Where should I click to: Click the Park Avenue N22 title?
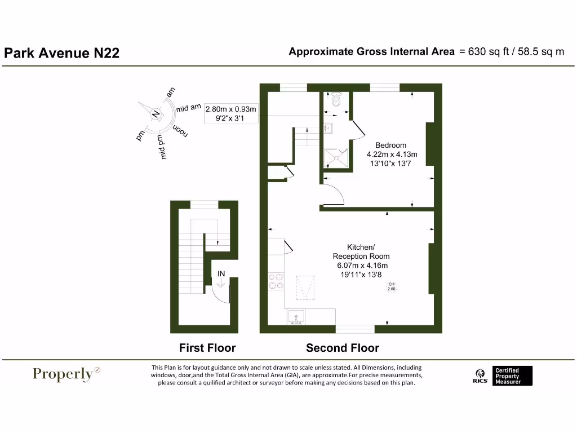click(62, 53)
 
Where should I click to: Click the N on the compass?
click(156, 113)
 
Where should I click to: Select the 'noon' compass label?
click(179, 130)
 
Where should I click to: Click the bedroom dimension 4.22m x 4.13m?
click(392, 154)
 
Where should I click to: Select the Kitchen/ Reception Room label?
click(361, 251)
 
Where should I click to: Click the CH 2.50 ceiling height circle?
click(392, 286)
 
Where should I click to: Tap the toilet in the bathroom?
click(336, 100)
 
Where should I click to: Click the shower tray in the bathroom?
click(336, 157)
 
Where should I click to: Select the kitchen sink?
click(296, 319)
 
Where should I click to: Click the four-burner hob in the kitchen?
click(276, 281)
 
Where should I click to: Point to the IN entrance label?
click(221, 274)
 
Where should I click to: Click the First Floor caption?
click(207, 348)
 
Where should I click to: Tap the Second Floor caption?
click(343, 348)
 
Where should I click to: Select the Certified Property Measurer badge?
click(512, 376)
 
